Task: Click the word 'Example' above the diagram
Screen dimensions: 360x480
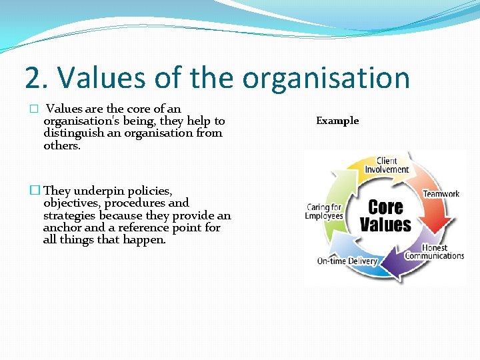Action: tap(337, 121)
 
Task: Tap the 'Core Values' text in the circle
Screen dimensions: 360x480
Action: tap(385, 215)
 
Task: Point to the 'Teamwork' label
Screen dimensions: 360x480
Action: tap(441, 194)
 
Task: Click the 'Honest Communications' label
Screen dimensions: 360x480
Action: tap(435, 252)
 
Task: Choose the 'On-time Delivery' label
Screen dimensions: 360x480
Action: tap(347, 261)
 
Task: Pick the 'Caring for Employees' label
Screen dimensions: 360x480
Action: tap(325, 211)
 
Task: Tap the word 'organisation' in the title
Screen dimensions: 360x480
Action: tap(326, 78)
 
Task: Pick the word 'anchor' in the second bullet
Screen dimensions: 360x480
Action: tap(61, 227)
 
